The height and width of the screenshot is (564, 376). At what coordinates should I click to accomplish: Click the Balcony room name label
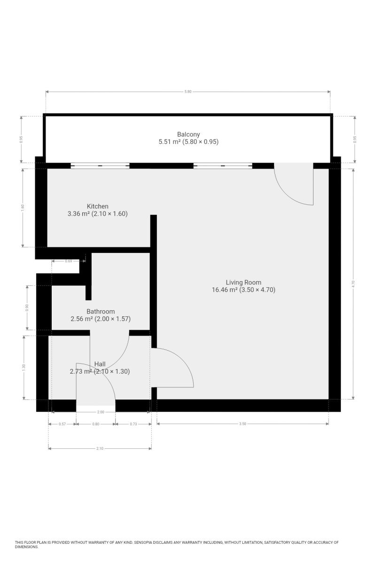pyautogui.click(x=188, y=134)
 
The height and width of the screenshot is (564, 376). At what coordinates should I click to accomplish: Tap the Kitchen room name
pyautogui.click(x=97, y=206)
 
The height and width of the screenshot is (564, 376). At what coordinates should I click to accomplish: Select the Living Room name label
pyautogui.click(x=243, y=282)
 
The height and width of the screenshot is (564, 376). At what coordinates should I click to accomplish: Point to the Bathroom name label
pyautogui.click(x=101, y=312)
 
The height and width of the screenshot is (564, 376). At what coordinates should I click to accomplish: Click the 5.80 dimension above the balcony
pyautogui.click(x=188, y=92)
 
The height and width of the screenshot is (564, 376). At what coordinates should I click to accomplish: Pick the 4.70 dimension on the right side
pyautogui.click(x=353, y=284)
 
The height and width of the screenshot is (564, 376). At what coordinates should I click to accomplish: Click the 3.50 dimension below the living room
pyautogui.click(x=243, y=424)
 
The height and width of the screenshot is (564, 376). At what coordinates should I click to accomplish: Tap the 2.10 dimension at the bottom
pyautogui.click(x=100, y=448)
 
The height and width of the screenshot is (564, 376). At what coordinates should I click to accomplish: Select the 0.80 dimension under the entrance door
pyautogui.click(x=96, y=424)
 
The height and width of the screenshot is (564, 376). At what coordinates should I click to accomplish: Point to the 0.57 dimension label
pyautogui.click(x=62, y=424)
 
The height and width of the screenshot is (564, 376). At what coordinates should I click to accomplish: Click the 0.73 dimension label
pyautogui.click(x=133, y=424)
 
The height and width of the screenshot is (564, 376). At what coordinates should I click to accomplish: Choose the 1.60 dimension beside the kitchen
pyautogui.click(x=23, y=207)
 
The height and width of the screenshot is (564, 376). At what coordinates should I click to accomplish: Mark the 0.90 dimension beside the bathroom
pyautogui.click(x=27, y=308)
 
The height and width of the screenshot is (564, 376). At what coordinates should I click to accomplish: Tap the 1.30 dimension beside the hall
pyautogui.click(x=24, y=368)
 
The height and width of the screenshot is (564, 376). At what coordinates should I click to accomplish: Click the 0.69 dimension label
pyautogui.click(x=69, y=261)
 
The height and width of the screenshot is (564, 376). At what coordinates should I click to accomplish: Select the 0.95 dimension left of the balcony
pyautogui.click(x=22, y=140)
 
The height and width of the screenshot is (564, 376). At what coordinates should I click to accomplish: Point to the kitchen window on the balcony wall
pyautogui.click(x=100, y=165)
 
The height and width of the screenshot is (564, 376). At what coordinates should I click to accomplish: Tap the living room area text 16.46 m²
pyautogui.click(x=225, y=290)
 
